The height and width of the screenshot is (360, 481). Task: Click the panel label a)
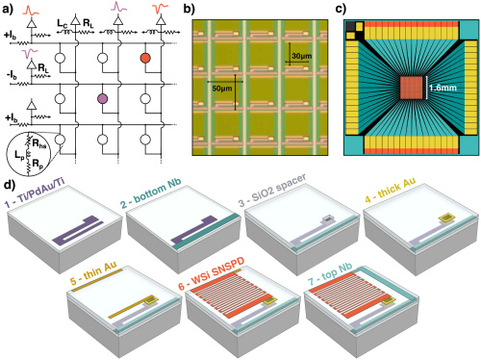[x=8, y=8]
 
